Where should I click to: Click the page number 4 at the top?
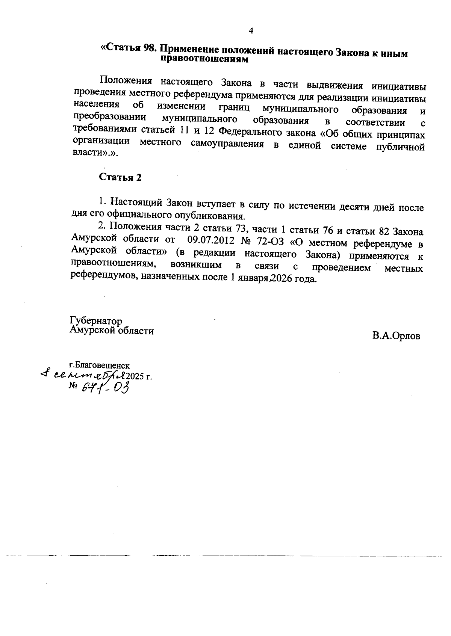(251, 31)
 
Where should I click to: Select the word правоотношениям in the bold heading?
(204, 59)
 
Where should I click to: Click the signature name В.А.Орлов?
(396, 336)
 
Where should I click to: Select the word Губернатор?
(96, 321)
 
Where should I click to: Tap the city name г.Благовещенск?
(99, 365)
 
